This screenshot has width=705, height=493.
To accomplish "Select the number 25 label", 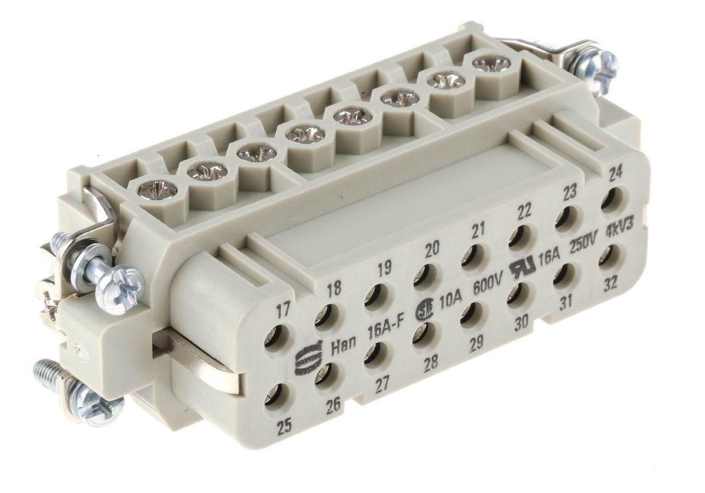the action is (285, 427).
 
